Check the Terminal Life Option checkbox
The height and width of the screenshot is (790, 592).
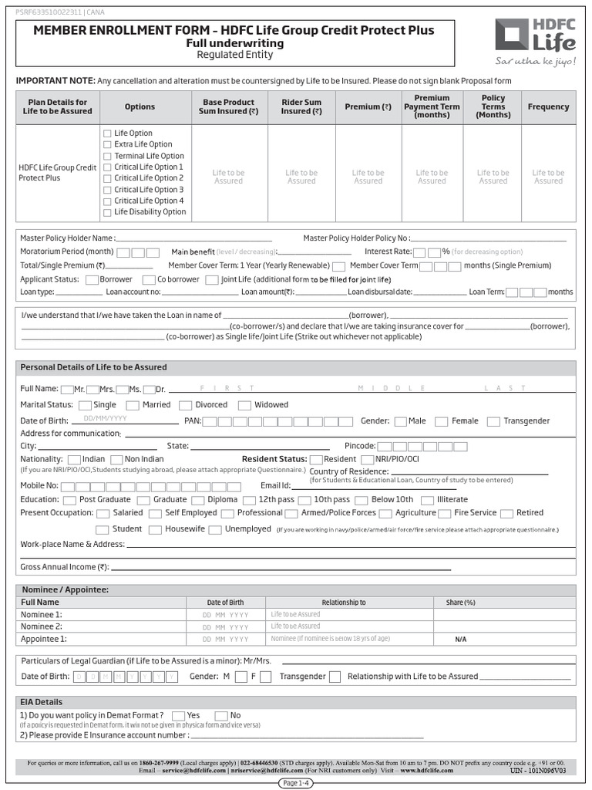click(108, 156)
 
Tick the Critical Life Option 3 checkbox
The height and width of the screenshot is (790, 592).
click(108, 190)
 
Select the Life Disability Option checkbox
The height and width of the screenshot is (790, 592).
click(108, 212)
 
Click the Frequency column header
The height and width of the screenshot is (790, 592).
click(548, 106)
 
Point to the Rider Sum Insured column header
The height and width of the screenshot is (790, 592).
click(301, 106)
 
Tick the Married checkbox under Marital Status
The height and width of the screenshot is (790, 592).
click(133, 406)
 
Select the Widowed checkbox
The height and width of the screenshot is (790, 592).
click(244, 406)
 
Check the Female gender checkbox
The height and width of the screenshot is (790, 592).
click(441, 421)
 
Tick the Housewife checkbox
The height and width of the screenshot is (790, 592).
click(154, 530)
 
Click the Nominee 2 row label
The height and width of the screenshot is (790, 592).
click(42, 626)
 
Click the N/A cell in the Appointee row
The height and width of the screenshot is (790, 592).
click(461, 640)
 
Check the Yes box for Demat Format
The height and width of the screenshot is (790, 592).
click(178, 716)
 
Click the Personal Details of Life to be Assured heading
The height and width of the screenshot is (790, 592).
click(93, 367)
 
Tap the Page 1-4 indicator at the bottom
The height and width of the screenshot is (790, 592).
click(296, 783)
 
